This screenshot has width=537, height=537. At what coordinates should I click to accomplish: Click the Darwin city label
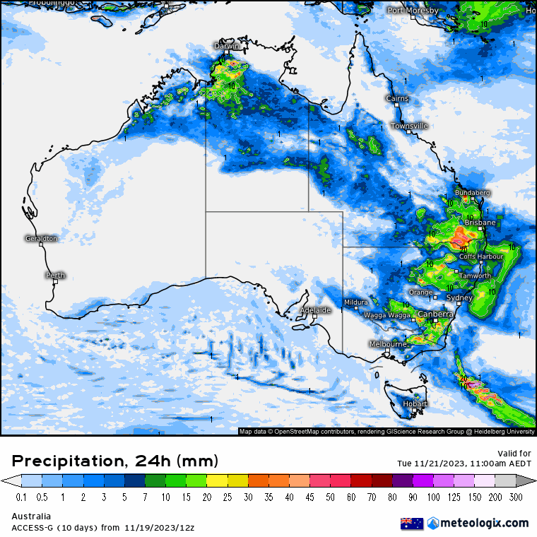227,46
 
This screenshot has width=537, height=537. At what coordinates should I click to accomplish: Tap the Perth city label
55,276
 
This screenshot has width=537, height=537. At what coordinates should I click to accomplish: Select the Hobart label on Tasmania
415,403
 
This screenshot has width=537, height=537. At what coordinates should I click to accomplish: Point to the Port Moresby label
413,11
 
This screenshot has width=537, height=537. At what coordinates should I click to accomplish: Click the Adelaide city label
315,310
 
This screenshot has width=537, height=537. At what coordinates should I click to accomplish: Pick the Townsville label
410,126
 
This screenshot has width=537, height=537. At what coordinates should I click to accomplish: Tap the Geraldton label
41,239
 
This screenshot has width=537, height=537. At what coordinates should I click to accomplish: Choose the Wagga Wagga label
387,315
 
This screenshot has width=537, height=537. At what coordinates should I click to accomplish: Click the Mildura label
356,302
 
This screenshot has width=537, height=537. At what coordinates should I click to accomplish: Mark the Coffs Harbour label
481,256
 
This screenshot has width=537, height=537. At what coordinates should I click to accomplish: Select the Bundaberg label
472,192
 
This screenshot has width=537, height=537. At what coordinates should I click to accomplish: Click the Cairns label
397,98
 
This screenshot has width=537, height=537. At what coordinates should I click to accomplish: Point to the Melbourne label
388,344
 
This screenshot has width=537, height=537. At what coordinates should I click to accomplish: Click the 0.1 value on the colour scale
21,497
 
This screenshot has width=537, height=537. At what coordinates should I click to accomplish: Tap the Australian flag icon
412,524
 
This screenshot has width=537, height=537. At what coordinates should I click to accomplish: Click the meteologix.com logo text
484,523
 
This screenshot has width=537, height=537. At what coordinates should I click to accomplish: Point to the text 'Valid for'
515,453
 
